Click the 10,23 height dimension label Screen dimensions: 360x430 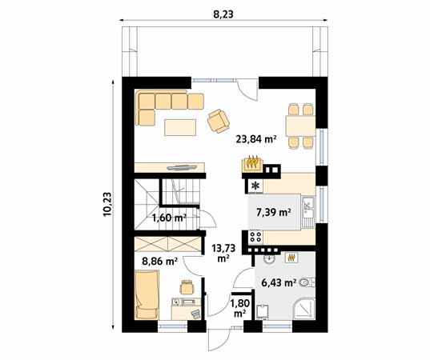107,203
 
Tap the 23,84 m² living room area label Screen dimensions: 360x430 255,138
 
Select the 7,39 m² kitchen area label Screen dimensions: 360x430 273,212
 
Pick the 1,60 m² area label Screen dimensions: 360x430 169,218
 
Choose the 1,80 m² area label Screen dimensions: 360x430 239,307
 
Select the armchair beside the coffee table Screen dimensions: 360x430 218,121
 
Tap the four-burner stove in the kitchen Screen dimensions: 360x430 257,236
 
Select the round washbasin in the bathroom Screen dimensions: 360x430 270,258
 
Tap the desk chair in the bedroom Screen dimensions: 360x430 187,286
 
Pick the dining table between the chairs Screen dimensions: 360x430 301,125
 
